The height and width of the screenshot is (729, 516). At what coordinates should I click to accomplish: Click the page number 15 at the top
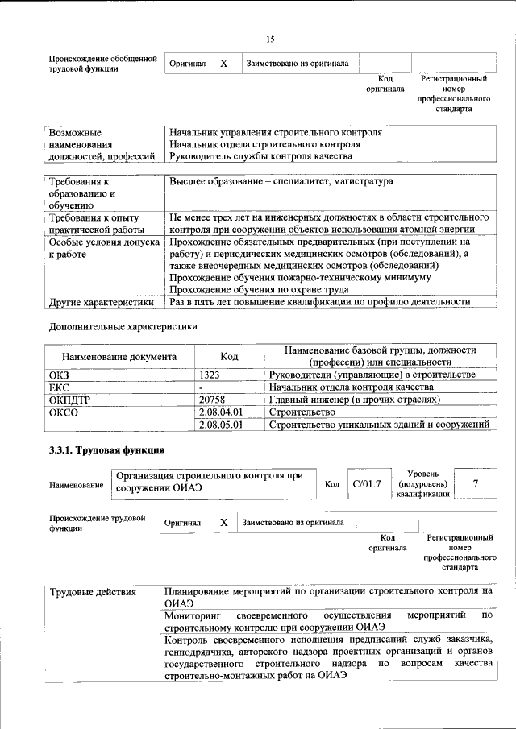pyautogui.click(x=270, y=40)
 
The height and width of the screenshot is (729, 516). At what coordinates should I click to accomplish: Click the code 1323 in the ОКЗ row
pyautogui.click(x=211, y=375)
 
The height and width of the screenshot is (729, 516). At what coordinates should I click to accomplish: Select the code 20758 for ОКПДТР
pyautogui.click(x=212, y=399)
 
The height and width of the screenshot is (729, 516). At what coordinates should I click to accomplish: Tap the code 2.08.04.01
pyautogui.click(x=221, y=412)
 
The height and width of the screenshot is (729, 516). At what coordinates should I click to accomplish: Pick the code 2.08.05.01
pyautogui.click(x=221, y=424)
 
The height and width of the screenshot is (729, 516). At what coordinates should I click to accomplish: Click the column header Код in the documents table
pyautogui.click(x=230, y=357)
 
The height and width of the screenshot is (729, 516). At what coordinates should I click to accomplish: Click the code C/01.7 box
pyautogui.click(x=366, y=483)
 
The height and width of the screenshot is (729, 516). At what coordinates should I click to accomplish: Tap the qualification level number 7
pyautogui.click(x=476, y=483)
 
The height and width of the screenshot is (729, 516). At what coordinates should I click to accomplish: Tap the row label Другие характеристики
pyautogui.click(x=101, y=302)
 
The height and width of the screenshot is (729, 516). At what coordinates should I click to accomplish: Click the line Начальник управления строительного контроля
pyautogui.click(x=275, y=131)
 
